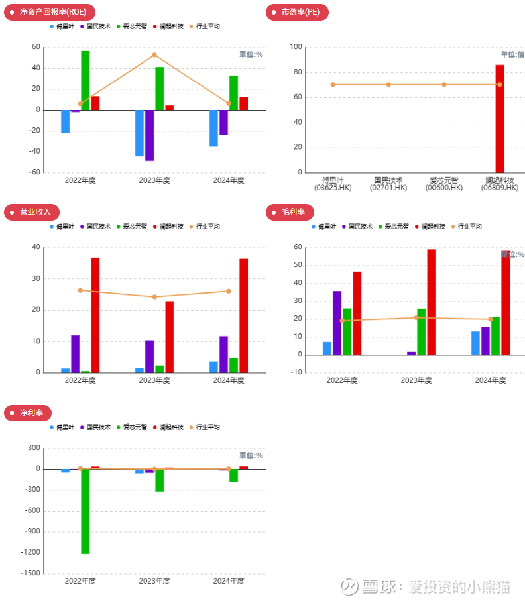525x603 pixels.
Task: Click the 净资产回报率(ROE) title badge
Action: [50, 12]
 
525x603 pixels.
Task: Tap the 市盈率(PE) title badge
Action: [296, 12]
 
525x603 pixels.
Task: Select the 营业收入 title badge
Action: [32, 212]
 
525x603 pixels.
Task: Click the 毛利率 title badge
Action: [290, 212]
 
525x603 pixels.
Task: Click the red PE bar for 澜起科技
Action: [499, 118]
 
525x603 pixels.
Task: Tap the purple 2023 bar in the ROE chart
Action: [149, 135]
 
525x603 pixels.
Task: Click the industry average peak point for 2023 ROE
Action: [154, 55]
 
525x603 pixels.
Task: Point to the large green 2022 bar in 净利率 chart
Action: [86, 510]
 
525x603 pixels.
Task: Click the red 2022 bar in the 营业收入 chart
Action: [95, 315]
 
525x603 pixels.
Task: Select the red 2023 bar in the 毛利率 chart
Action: [431, 301]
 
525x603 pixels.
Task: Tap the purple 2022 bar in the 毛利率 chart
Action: [337, 322]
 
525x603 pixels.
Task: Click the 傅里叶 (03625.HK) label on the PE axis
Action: [333, 184]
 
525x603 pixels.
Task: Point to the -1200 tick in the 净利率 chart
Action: [31, 552]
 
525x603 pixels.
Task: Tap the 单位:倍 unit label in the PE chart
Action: [512, 54]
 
